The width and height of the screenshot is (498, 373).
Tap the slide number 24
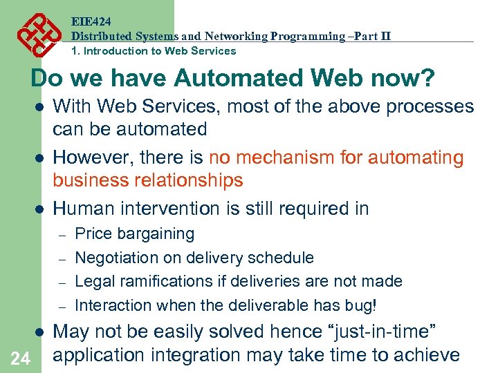pyautogui.click(x=21, y=358)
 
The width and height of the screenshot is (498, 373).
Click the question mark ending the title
pyautogui.click(x=428, y=78)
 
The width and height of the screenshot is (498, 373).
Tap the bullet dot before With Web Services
pyautogui.click(x=40, y=107)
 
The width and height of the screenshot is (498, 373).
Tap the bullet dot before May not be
pyautogui.click(x=40, y=332)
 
